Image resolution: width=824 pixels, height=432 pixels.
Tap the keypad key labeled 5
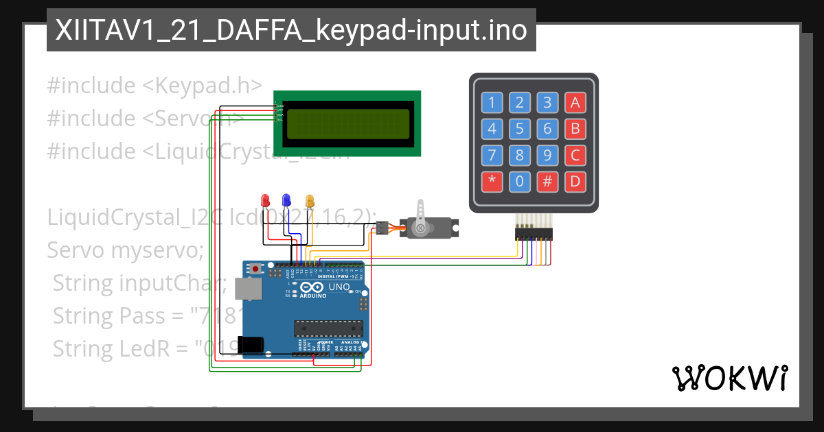pos(520,129)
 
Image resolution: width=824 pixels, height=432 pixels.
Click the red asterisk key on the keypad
pos(492,182)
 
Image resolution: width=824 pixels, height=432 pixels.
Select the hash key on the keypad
pos(547,182)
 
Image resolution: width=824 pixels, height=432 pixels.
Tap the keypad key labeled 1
pos(492,103)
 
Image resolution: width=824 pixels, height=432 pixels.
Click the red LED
pos(266,200)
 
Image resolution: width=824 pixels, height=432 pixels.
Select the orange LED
pos(309,200)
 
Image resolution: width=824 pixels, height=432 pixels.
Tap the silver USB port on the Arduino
pos(247,289)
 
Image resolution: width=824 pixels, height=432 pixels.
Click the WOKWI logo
pos(729,378)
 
